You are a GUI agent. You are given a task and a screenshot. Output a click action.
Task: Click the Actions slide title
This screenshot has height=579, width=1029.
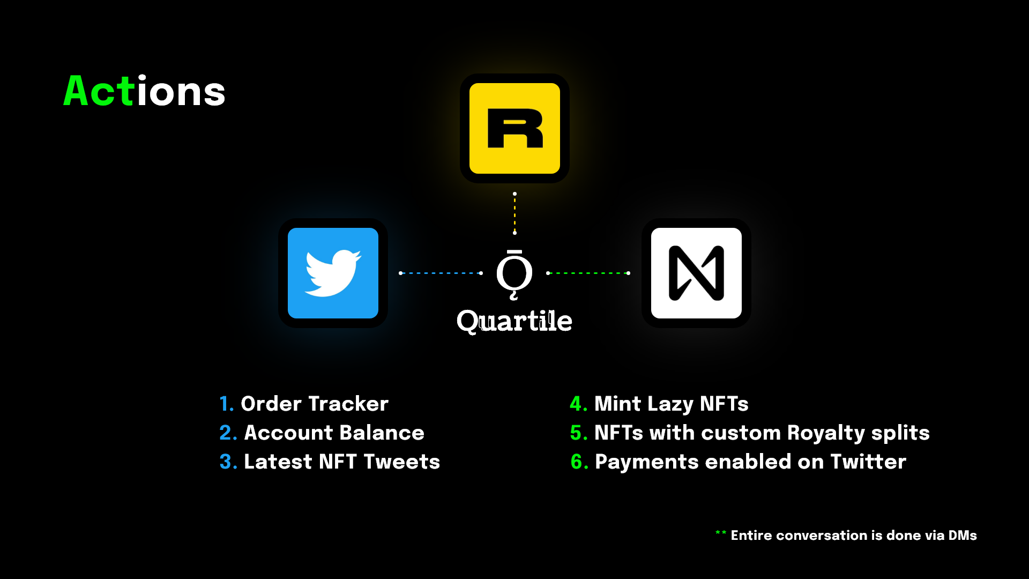(x=144, y=91)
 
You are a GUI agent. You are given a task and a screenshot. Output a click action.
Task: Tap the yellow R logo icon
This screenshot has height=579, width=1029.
(x=514, y=128)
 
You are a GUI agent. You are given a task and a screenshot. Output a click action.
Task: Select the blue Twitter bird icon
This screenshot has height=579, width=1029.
(x=333, y=273)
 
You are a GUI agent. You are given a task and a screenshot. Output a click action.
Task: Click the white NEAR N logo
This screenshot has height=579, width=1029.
(x=696, y=273)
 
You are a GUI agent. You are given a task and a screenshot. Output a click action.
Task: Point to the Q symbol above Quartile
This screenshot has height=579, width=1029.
(x=514, y=274)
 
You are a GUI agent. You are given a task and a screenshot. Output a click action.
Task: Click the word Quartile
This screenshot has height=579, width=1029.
(x=514, y=321)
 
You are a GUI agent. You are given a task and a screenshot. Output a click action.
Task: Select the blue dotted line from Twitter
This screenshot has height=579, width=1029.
(x=441, y=273)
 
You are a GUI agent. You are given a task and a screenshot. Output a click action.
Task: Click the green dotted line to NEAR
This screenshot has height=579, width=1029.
(x=588, y=273)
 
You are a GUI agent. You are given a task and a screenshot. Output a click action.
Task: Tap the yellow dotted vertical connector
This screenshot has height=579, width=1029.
(x=514, y=213)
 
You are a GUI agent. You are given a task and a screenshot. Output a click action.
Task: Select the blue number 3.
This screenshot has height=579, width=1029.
(x=226, y=462)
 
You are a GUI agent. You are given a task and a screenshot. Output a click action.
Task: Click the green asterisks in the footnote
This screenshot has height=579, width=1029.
(x=721, y=533)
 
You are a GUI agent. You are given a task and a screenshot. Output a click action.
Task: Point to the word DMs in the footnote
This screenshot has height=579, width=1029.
(x=963, y=535)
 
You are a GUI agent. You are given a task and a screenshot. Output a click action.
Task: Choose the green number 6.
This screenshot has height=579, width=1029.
(x=577, y=462)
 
